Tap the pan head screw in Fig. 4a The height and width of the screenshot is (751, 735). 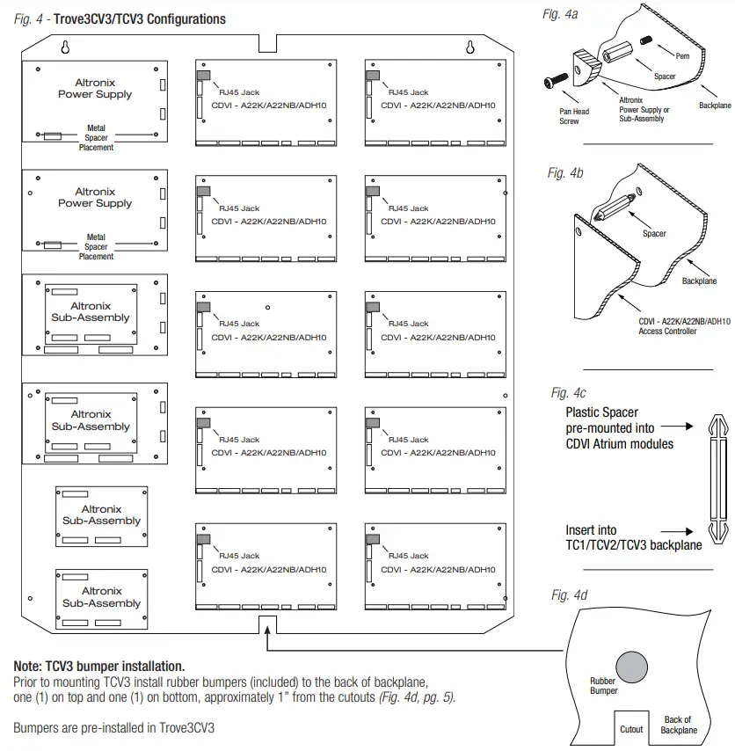[x=550, y=80]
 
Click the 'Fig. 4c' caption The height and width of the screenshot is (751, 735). [x=569, y=392]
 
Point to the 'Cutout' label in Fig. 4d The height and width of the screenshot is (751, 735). [x=631, y=729]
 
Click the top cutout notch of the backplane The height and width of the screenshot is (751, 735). [x=268, y=42]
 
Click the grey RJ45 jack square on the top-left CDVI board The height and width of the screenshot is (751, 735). [x=203, y=76]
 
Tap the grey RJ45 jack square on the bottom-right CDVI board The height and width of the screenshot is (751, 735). [x=373, y=539]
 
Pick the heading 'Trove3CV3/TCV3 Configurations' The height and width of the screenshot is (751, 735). [x=140, y=18]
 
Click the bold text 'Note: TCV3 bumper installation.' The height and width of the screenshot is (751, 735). [x=98, y=667]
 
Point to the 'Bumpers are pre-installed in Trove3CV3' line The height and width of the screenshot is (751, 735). [x=114, y=728]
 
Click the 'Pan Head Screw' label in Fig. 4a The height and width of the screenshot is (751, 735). [x=575, y=116]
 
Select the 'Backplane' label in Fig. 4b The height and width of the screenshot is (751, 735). [x=699, y=281]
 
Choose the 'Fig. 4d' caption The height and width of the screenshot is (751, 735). [x=569, y=595]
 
